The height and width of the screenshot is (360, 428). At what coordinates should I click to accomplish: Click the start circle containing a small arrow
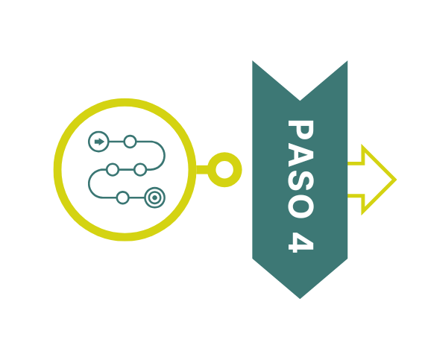(98, 142)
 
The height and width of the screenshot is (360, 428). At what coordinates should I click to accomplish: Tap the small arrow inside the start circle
(99, 142)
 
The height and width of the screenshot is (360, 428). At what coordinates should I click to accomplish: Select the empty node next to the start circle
(130, 142)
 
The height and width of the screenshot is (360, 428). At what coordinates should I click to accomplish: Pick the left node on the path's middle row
(113, 169)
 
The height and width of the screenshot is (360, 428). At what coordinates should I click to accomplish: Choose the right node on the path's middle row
(140, 169)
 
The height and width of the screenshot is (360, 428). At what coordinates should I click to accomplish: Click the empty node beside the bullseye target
(122, 198)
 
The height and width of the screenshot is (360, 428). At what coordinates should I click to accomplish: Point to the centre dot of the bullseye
(155, 198)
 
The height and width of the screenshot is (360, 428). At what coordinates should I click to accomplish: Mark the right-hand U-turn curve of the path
(165, 156)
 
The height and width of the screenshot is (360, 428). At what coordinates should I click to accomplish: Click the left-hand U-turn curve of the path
(89, 183)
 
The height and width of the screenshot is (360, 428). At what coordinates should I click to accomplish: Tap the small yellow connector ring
(224, 153)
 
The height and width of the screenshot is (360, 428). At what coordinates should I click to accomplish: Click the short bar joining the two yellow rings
(202, 169)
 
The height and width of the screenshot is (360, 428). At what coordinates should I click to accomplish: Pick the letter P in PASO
(300, 130)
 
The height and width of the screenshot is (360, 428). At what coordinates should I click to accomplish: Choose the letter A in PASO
(300, 156)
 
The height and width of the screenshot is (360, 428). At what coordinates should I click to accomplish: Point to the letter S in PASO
(300, 183)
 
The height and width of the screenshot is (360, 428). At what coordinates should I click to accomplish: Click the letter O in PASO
(300, 208)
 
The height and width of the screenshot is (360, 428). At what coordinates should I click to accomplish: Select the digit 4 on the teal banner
(300, 242)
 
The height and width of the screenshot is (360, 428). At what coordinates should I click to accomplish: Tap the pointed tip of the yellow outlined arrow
(396, 180)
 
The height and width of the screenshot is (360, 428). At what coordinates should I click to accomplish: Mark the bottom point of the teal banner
(300, 299)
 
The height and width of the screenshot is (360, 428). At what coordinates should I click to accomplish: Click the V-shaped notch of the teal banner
(300, 101)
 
